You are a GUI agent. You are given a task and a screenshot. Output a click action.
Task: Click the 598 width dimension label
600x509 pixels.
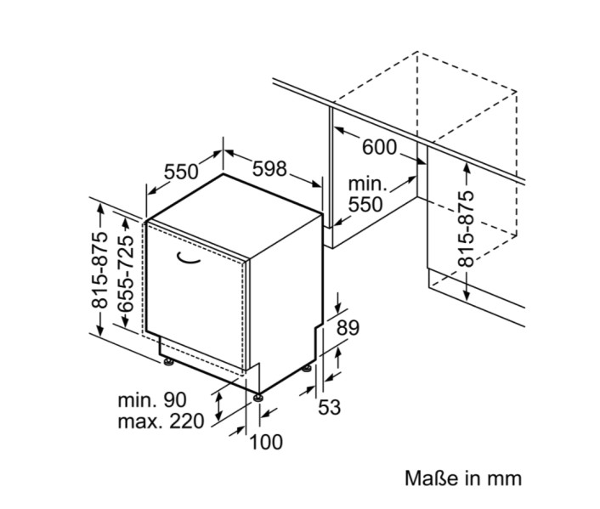click(x=270, y=168)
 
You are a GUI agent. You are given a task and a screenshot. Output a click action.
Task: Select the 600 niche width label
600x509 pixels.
click(x=379, y=147)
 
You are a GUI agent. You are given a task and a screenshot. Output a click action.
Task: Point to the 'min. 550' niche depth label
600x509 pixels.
click(x=366, y=195)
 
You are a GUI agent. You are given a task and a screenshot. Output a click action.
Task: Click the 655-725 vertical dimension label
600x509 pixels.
click(x=125, y=272)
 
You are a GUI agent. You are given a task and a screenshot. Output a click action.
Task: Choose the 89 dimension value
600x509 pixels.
click(x=348, y=327)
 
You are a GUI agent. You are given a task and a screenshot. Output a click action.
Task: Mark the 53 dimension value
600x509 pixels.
click(x=329, y=407)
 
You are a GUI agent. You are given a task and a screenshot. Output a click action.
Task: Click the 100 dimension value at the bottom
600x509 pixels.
click(x=266, y=442)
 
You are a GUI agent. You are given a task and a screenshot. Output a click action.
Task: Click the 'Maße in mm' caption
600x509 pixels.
click(x=463, y=478)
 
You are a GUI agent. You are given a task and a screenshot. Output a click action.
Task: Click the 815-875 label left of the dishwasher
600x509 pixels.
click(x=100, y=270)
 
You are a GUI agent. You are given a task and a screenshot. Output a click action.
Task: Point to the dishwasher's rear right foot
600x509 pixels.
click(x=308, y=370)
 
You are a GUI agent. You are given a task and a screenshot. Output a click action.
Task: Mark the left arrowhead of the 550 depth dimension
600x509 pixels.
click(x=150, y=191)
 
